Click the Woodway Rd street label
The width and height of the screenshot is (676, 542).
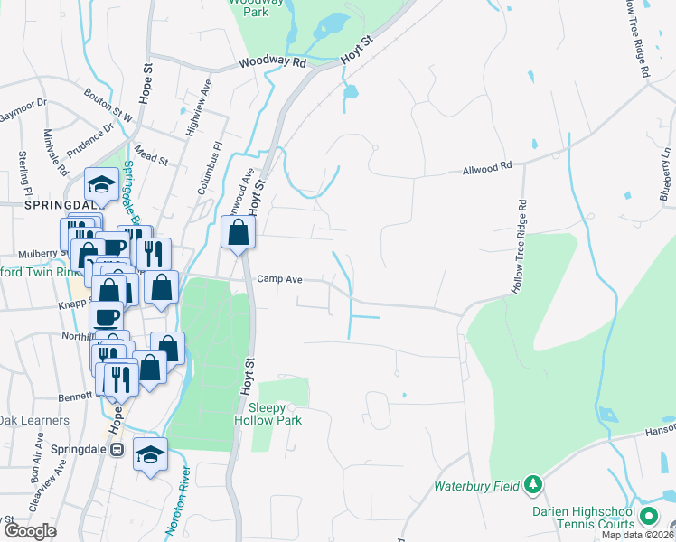point(273,63)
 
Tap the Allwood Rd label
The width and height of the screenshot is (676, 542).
point(487,166)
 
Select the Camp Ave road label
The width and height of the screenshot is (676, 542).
point(279,280)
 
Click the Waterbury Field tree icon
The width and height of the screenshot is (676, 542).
point(533,486)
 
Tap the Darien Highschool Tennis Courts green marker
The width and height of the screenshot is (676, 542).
point(648,517)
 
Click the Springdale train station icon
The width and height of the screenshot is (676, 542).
point(116,449)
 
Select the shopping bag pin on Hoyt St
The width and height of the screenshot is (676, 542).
point(238,234)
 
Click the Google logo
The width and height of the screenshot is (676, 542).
point(30,531)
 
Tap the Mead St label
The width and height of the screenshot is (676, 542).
point(151,154)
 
